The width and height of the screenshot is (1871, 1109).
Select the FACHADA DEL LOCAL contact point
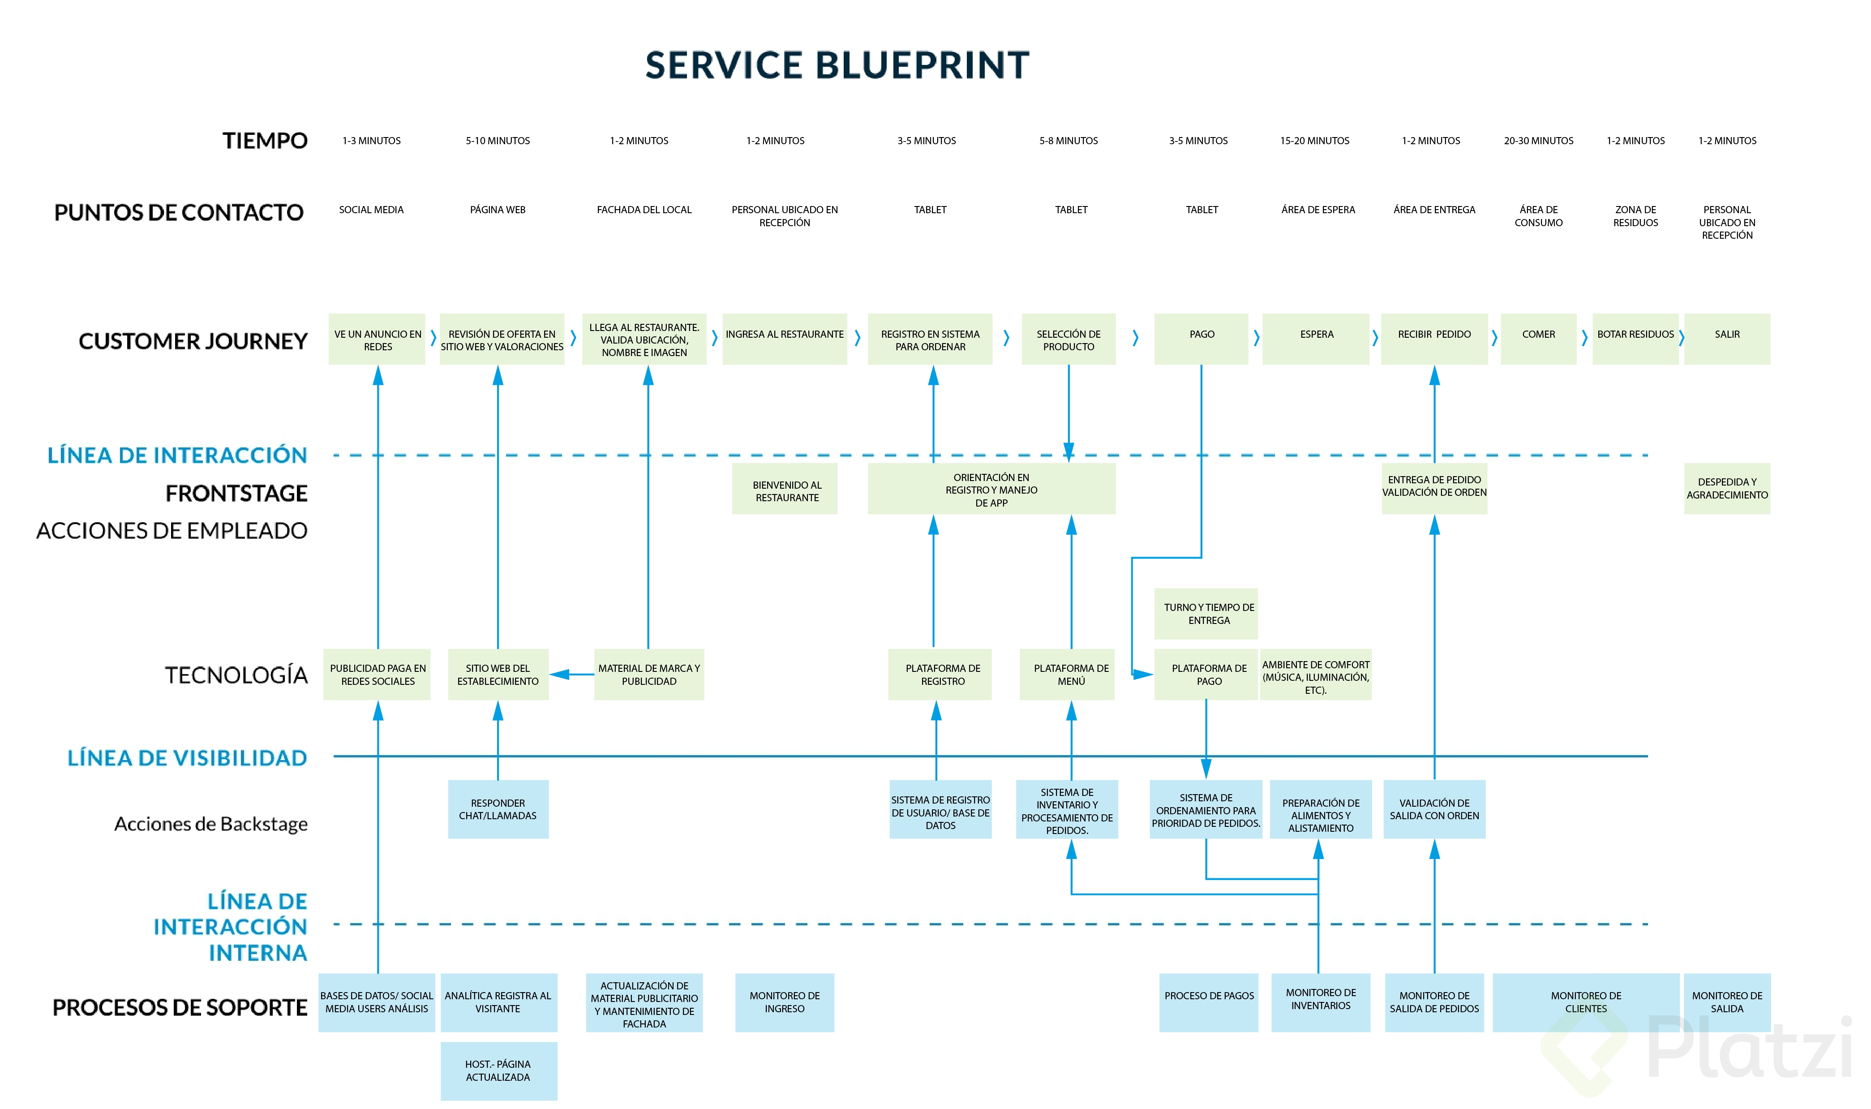(644, 210)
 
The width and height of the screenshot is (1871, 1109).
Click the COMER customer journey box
(1539, 339)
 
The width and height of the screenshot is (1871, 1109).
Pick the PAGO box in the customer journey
(1202, 339)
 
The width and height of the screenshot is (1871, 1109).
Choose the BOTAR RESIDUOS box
(1635, 339)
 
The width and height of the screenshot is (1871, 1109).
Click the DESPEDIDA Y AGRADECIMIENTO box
(1727, 489)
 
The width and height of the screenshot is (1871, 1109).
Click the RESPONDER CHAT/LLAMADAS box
(498, 809)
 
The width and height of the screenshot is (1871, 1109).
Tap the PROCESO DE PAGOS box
(1208, 1002)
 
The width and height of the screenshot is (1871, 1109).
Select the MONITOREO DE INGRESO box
(785, 1002)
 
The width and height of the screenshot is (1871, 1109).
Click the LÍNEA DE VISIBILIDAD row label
(187, 758)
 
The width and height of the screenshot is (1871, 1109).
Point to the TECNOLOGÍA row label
(236, 675)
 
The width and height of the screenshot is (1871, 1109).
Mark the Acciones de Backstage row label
(211, 824)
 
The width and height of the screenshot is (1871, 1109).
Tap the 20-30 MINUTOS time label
(1539, 141)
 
